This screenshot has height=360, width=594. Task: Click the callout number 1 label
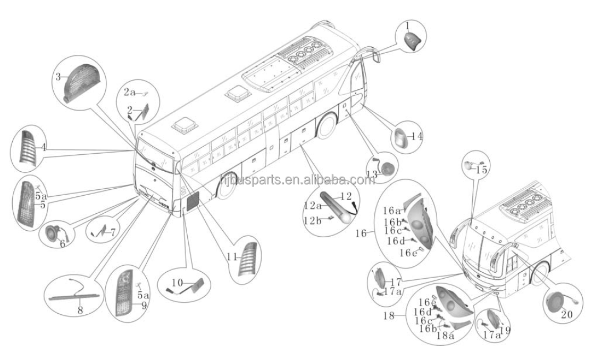click(408, 25)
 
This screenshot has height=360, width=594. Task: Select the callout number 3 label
click(58, 77)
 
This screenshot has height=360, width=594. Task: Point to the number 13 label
click(372, 174)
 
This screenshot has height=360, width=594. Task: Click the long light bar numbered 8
click(74, 294)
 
